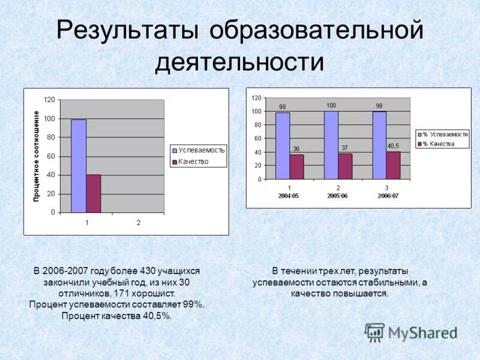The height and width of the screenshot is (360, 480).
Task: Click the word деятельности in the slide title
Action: pos(239,62)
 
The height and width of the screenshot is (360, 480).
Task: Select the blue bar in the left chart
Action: pos(79,166)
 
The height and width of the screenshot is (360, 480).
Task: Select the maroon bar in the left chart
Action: pos(93,193)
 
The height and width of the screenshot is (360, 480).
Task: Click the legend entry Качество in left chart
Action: pos(193,161)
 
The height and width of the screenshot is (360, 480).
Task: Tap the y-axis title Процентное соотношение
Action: pos(36,156)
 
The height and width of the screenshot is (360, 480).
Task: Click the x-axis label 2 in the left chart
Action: pos(138,223)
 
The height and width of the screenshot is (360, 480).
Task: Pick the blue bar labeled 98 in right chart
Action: pos(282,146)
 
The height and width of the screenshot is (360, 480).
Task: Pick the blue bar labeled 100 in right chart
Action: pos(331,145)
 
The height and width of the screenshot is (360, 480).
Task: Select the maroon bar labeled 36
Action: pos(296,167)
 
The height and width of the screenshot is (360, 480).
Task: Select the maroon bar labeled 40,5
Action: pos(393,165)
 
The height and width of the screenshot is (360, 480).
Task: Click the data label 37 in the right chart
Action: pos(344,148)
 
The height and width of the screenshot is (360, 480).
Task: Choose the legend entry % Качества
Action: pos(438,144)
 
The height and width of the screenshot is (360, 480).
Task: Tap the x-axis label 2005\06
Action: pos(338,196)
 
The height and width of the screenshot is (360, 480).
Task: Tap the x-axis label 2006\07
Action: pos(387,196)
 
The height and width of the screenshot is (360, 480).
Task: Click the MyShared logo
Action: pos(411,332)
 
